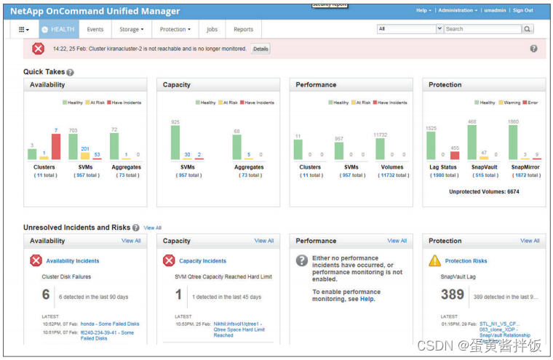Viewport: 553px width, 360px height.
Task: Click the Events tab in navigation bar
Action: click(x=95, y=29)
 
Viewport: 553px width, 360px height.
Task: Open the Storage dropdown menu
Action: click(x=131, y=29)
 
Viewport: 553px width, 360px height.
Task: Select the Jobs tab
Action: click(x=212, y=29)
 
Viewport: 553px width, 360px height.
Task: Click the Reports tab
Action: click(x=243, y=29)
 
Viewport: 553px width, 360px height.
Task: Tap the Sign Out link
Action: click(x=522, y=10)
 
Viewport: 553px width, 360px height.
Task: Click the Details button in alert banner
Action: click(x=260, y=49)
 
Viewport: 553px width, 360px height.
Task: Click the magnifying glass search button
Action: click(x=528, y=29)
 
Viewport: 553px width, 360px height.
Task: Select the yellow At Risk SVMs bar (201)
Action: click(x=85, y=156)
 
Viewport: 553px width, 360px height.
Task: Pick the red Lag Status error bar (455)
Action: click(x=454, y=155)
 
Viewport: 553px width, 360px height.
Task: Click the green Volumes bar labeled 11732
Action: click(x=380, y=148)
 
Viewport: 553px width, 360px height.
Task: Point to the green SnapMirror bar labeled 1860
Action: click(x=513, y=142)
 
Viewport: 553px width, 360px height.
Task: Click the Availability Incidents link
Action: click(x=73, y=260)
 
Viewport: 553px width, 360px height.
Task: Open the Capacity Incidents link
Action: click(x=204, y=260)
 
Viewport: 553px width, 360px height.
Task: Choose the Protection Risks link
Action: click(x=466, y=260)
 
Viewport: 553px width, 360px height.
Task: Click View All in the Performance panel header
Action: click(x=397, y=241)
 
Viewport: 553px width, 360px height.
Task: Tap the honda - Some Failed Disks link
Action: click(x=110, y=324)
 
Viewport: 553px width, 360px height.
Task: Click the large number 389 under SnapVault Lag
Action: click(x=452, y=294)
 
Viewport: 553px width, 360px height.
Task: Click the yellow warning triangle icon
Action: click(x=434, y=260)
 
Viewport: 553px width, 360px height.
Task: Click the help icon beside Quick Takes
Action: click(x=71, y=72)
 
